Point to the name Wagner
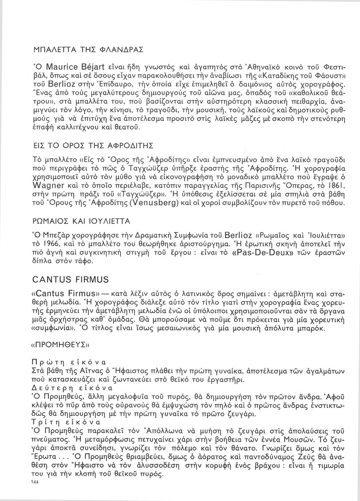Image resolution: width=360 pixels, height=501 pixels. tap(47, 186)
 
